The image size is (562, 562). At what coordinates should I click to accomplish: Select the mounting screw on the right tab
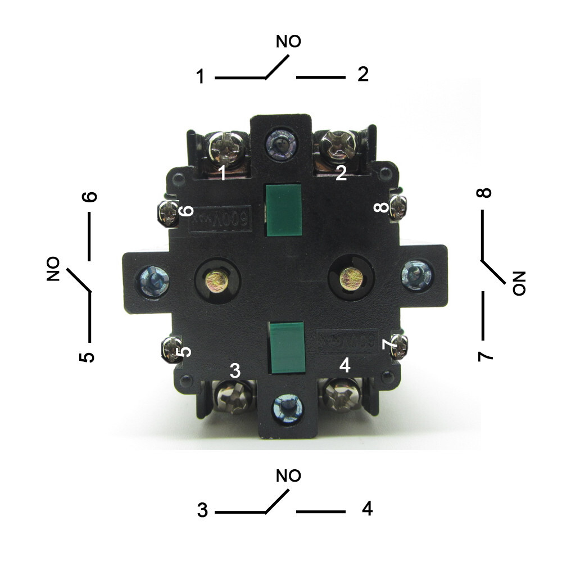(x=416, y=274)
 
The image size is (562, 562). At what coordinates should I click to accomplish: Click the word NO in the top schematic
(x=288, y=42)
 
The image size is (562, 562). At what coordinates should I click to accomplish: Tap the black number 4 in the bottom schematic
(x=367, y=509)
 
